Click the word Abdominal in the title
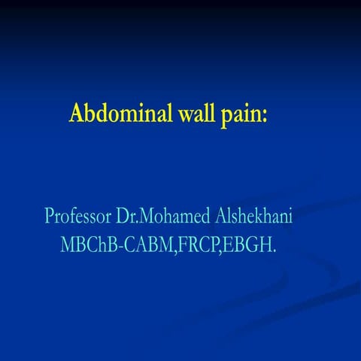(x=116, y=114)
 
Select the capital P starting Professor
(x=50, y=215)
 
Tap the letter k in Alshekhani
(x=270, y=215)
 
